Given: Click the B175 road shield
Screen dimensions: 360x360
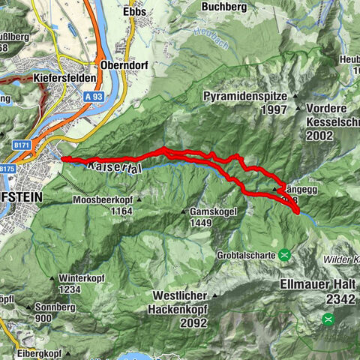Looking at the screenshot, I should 7,169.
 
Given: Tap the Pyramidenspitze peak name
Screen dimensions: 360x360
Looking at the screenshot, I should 244,97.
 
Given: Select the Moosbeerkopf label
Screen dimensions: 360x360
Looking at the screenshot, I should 103,200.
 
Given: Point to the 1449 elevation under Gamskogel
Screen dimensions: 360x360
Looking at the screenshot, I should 202,223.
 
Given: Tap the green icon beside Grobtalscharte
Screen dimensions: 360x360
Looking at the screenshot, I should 285,254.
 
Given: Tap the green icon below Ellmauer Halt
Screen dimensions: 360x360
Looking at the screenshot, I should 328,319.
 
